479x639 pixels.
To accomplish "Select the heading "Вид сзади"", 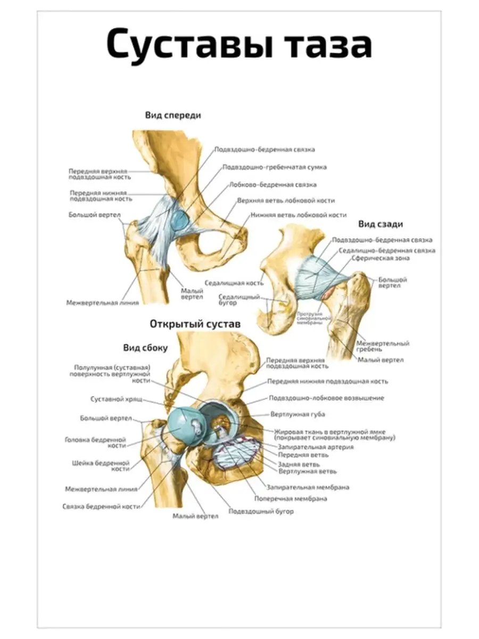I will [x=379, y=224].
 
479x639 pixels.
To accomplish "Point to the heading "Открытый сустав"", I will [x=195, y=324].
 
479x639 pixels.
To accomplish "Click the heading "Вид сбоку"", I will [x=145, y=348].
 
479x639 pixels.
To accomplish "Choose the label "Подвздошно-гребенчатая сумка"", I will [x=275, y=167].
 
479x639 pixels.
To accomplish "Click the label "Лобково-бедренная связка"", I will [x=272, y=185].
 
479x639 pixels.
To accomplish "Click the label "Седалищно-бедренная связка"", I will [x=387, y=250].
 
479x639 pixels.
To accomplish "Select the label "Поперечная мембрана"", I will [x=290, y=499].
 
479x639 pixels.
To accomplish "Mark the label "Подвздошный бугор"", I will [x=261, y=511].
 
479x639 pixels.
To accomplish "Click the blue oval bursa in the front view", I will [x=179, y=219].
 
